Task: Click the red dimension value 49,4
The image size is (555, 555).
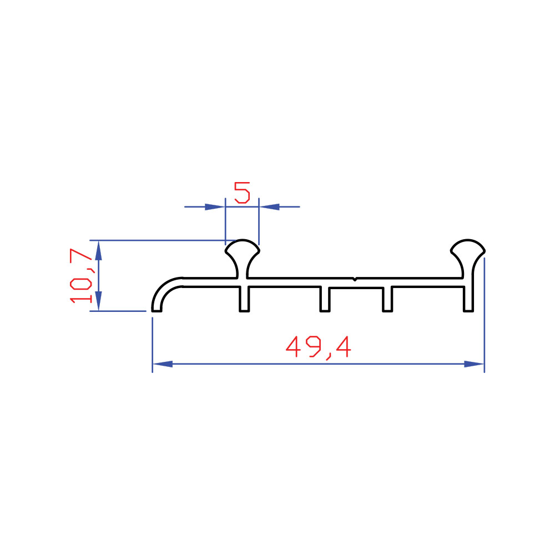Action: pyautogui.click(x=318, y=347)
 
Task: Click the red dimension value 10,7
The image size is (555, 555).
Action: pyautogui.click(x=81, y=276)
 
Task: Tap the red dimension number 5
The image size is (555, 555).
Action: pyautogui.click(x=242, y=193)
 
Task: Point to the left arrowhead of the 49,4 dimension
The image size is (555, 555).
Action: pyautogui.click(x=163, y=364)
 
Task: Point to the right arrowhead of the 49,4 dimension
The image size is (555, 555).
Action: pyautogui.click(x=474, y=364)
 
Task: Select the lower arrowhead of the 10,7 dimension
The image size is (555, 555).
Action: pyautogui.click(x=98, y=301)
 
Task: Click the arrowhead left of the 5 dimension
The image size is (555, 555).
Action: pyautogui.click(x=215, y=206)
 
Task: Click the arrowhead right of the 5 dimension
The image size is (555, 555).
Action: pyautogui.click(x=269, y=206)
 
